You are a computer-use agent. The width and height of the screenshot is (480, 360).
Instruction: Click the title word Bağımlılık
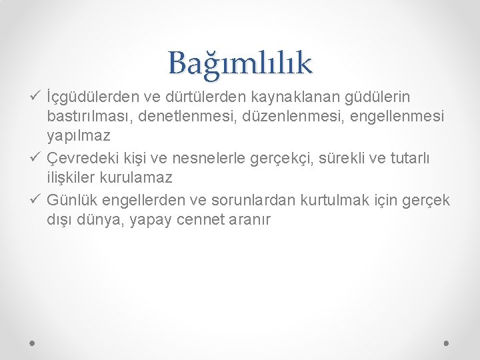(240, 63)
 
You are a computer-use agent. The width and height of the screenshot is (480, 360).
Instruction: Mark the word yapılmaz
(79, 137)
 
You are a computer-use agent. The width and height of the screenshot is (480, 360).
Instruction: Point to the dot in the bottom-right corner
(446, 343)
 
